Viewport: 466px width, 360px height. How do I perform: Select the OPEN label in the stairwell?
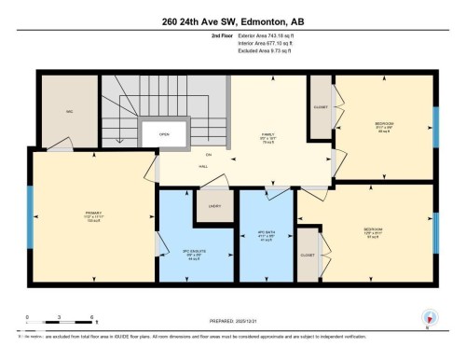163,133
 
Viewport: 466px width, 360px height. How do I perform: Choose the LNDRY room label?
213,206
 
